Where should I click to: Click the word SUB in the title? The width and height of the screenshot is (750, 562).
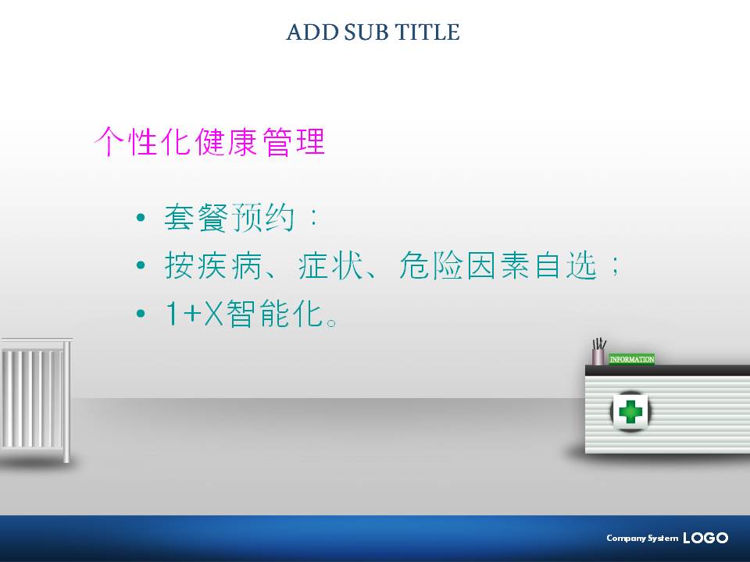366,33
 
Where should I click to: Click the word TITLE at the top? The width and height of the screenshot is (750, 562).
427,33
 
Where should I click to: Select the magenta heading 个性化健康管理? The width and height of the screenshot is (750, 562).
209,141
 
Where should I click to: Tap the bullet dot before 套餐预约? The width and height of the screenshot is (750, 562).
141,218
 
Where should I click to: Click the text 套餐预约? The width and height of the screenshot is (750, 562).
229,218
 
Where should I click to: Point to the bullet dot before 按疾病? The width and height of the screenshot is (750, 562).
141,265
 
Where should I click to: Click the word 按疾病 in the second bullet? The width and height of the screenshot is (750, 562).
212,265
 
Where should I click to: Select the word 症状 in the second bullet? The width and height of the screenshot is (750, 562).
330,265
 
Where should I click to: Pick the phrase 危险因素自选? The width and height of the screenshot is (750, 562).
498,265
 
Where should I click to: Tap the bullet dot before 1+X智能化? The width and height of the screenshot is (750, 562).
141,314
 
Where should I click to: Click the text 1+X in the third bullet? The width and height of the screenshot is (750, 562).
195,314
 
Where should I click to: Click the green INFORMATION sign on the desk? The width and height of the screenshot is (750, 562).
632,359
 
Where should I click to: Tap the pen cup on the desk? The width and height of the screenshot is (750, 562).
598,352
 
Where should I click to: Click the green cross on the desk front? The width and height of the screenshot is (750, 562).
630,411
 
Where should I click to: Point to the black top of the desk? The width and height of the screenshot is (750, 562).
667,370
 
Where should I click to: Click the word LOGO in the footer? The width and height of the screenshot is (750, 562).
705,538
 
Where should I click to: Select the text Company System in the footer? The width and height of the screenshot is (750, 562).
642,538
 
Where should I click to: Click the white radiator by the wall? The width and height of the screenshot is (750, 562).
36,399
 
